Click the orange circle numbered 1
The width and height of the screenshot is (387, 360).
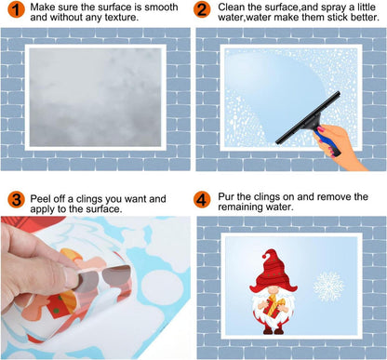tap(13, 12)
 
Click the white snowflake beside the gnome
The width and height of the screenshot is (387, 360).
tap(327, 286)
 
